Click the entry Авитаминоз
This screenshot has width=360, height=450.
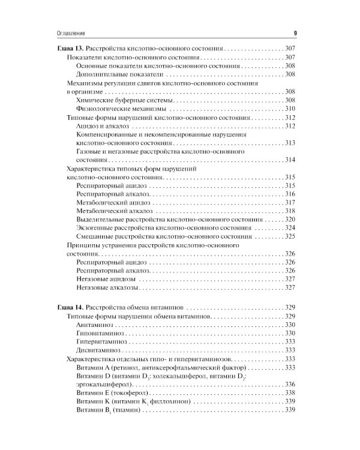95,325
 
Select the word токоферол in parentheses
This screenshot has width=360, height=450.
135,392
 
